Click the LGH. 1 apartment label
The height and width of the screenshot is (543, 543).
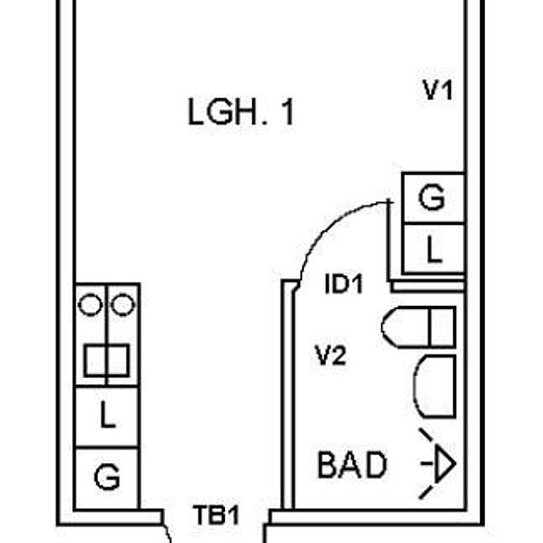click(x=241, y=112)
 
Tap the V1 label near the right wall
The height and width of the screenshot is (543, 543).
click(x=437, y=90)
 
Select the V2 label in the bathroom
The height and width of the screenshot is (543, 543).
click(x=331, y=355)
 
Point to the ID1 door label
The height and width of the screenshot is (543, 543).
click(x=344, y=284)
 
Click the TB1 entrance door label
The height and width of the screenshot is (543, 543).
click(x=216, y=515)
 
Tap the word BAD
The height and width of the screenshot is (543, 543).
click(x=351, y=465)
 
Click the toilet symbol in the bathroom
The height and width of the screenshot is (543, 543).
click(x=419, y=327)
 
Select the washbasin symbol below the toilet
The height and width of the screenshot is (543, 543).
click(x=435, y=386)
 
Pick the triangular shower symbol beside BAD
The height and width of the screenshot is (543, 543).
click(x=438, y=463)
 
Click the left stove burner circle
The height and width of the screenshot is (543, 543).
click(x=91, y=305)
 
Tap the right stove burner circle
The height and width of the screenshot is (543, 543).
click(x=123, y=305)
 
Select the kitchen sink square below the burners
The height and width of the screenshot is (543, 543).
click(x=107, y=360)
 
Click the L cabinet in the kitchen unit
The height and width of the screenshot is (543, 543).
click(x=107, y=417)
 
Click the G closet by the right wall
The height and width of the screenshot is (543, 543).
click(x=432, y=197)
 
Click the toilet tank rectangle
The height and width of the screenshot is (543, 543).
click(x=442, y=327)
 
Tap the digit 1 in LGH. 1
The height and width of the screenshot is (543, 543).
click(x=288, y=112)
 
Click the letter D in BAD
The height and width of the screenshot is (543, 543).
click(x=375, y=465)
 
